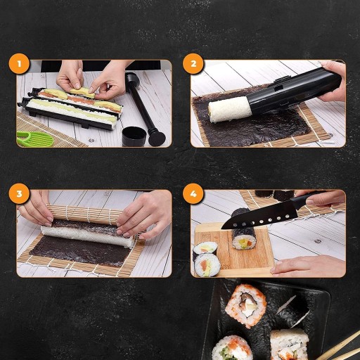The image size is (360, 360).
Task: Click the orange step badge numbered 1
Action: click(19, 64)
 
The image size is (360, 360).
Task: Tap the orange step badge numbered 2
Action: click(193, 64)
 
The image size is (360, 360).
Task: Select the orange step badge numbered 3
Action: click(19, 194)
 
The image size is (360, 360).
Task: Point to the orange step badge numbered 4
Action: click(193, 194)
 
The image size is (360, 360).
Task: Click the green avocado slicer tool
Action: click(35, 139)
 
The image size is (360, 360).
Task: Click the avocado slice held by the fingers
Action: click(82, 93)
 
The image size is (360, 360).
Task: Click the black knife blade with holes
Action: click(259, 217)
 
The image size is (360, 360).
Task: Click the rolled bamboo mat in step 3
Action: click(83, 214)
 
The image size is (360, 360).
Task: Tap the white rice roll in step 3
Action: click(87, 236)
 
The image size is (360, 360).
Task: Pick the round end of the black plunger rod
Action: click(157, 139)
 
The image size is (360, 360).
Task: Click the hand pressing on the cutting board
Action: click(307, 266)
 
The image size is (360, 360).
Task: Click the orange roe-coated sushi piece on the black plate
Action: click(245, 305)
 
